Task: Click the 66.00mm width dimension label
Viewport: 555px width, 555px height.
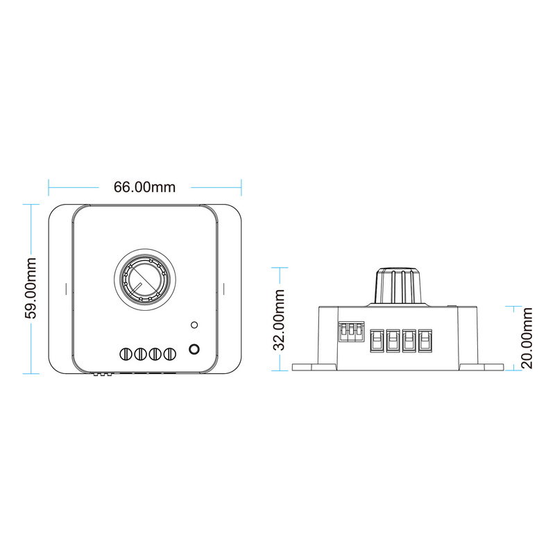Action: pos(144,187)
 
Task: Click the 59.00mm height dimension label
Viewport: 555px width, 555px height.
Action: pos(31,288)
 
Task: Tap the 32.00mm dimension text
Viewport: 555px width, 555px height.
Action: pos(279,320)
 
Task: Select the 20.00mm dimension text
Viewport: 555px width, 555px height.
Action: pos(527,338)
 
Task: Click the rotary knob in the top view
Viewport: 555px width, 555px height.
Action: pos(145,280)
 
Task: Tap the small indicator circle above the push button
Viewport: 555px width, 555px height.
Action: pos(194,325)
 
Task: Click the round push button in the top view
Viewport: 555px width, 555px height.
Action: pos(194,349)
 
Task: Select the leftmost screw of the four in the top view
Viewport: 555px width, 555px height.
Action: pos(126,354)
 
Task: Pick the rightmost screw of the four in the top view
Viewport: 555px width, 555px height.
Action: pos(169,354)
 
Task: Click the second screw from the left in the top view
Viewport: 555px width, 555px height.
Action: pos(141,354)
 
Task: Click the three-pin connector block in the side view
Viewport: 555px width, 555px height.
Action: pos(351,332)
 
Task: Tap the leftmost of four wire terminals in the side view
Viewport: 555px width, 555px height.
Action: pos(377,341)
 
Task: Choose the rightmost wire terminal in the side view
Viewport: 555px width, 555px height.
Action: pos(425,341)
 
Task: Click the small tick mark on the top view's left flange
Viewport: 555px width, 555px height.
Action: pos(66,289)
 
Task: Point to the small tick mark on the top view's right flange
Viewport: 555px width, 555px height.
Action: pos(223,289)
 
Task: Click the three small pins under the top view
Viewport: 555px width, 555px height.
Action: pos(103,374)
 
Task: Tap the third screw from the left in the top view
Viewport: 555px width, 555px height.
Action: pos(155,354)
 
